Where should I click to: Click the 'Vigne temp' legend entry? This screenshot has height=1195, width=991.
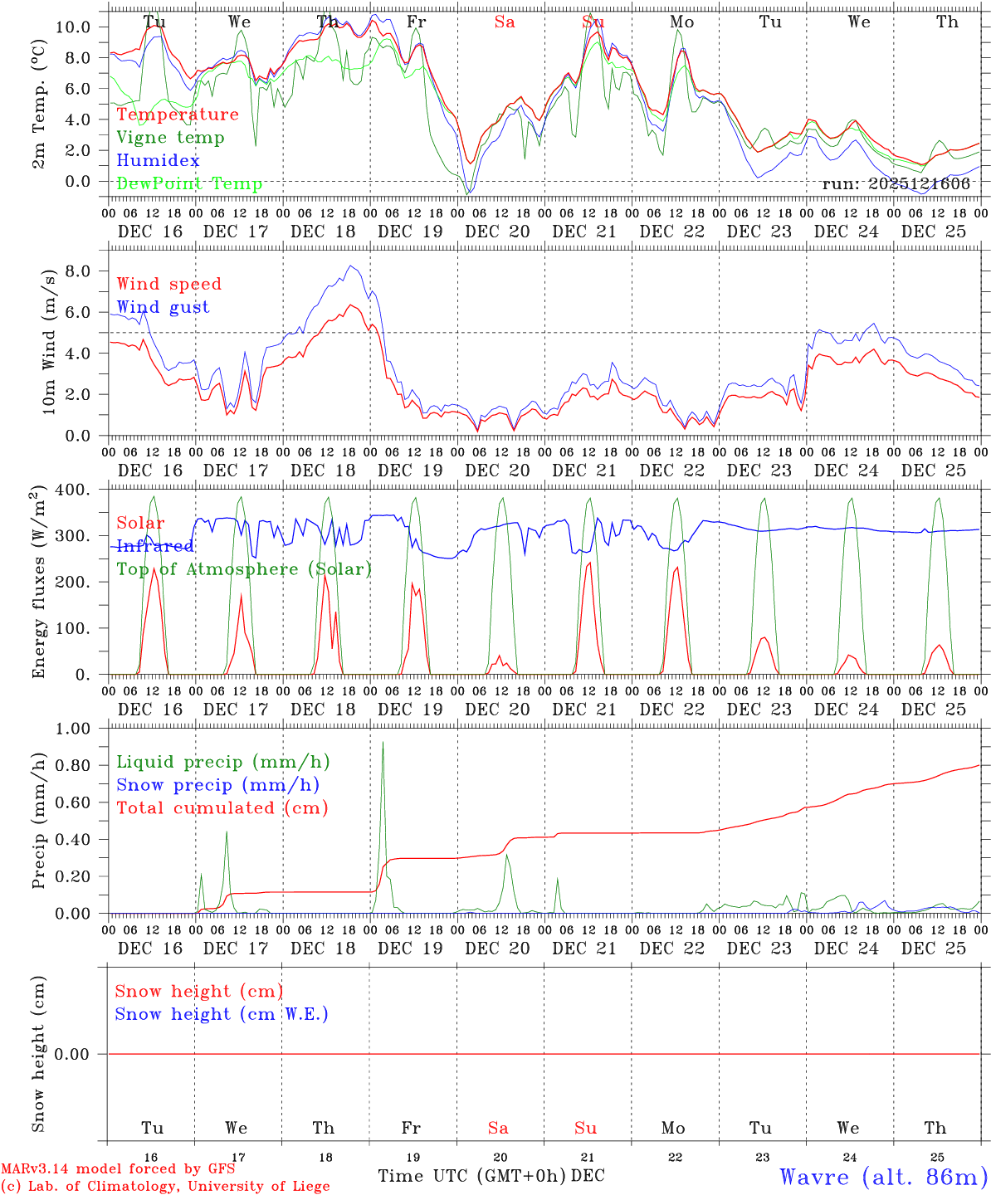tap(170, 138)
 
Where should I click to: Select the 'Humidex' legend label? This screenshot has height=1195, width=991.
tap(158, 161)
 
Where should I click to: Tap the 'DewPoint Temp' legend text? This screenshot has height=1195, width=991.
tap(189, 184)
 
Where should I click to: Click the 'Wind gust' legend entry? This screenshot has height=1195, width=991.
tap(163, 307)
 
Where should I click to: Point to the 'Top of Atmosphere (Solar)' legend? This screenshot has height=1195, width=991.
tap(244, 569)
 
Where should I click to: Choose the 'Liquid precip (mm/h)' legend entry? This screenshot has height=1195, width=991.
tap(223, 762)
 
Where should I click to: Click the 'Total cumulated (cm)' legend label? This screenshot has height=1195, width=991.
tap(222, 807)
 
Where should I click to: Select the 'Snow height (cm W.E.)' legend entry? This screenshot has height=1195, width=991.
tap(222, 1014)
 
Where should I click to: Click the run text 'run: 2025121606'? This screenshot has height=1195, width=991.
tap(896, 184)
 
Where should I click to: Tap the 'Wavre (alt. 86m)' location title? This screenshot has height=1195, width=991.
tap(883, 1176)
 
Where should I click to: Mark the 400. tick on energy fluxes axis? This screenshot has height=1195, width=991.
tap(72, 490)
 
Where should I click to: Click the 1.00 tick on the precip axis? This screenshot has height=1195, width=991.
tap(72, 729)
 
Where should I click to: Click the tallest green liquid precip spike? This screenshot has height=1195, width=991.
tap(383, 743)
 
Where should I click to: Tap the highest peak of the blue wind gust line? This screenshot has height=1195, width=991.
tap(351, 266)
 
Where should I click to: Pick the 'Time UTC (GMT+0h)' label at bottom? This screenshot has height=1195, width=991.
tap(472, 1176)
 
